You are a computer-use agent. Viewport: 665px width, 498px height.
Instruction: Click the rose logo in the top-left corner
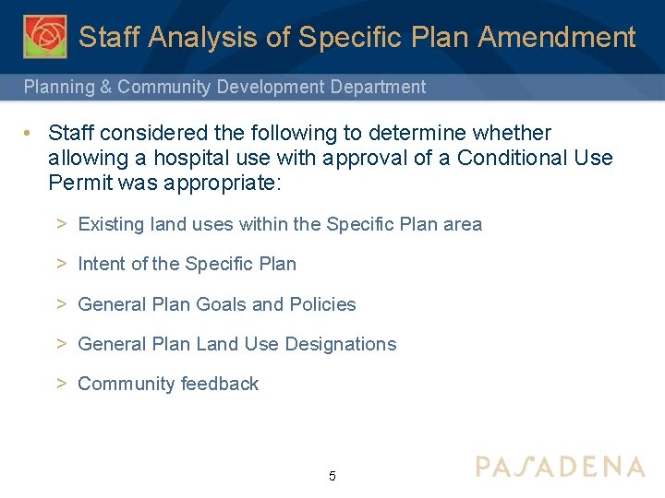pos(44,37)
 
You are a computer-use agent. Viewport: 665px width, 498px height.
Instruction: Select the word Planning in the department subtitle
pos(58,88)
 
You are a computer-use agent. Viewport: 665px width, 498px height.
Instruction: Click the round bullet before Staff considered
pos(31,134)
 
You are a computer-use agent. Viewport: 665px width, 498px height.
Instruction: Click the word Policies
pos(322,304)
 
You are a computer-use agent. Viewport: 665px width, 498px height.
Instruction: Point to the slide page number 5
pos(332,477)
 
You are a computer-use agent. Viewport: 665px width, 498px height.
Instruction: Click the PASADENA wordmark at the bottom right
pos(560,466)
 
